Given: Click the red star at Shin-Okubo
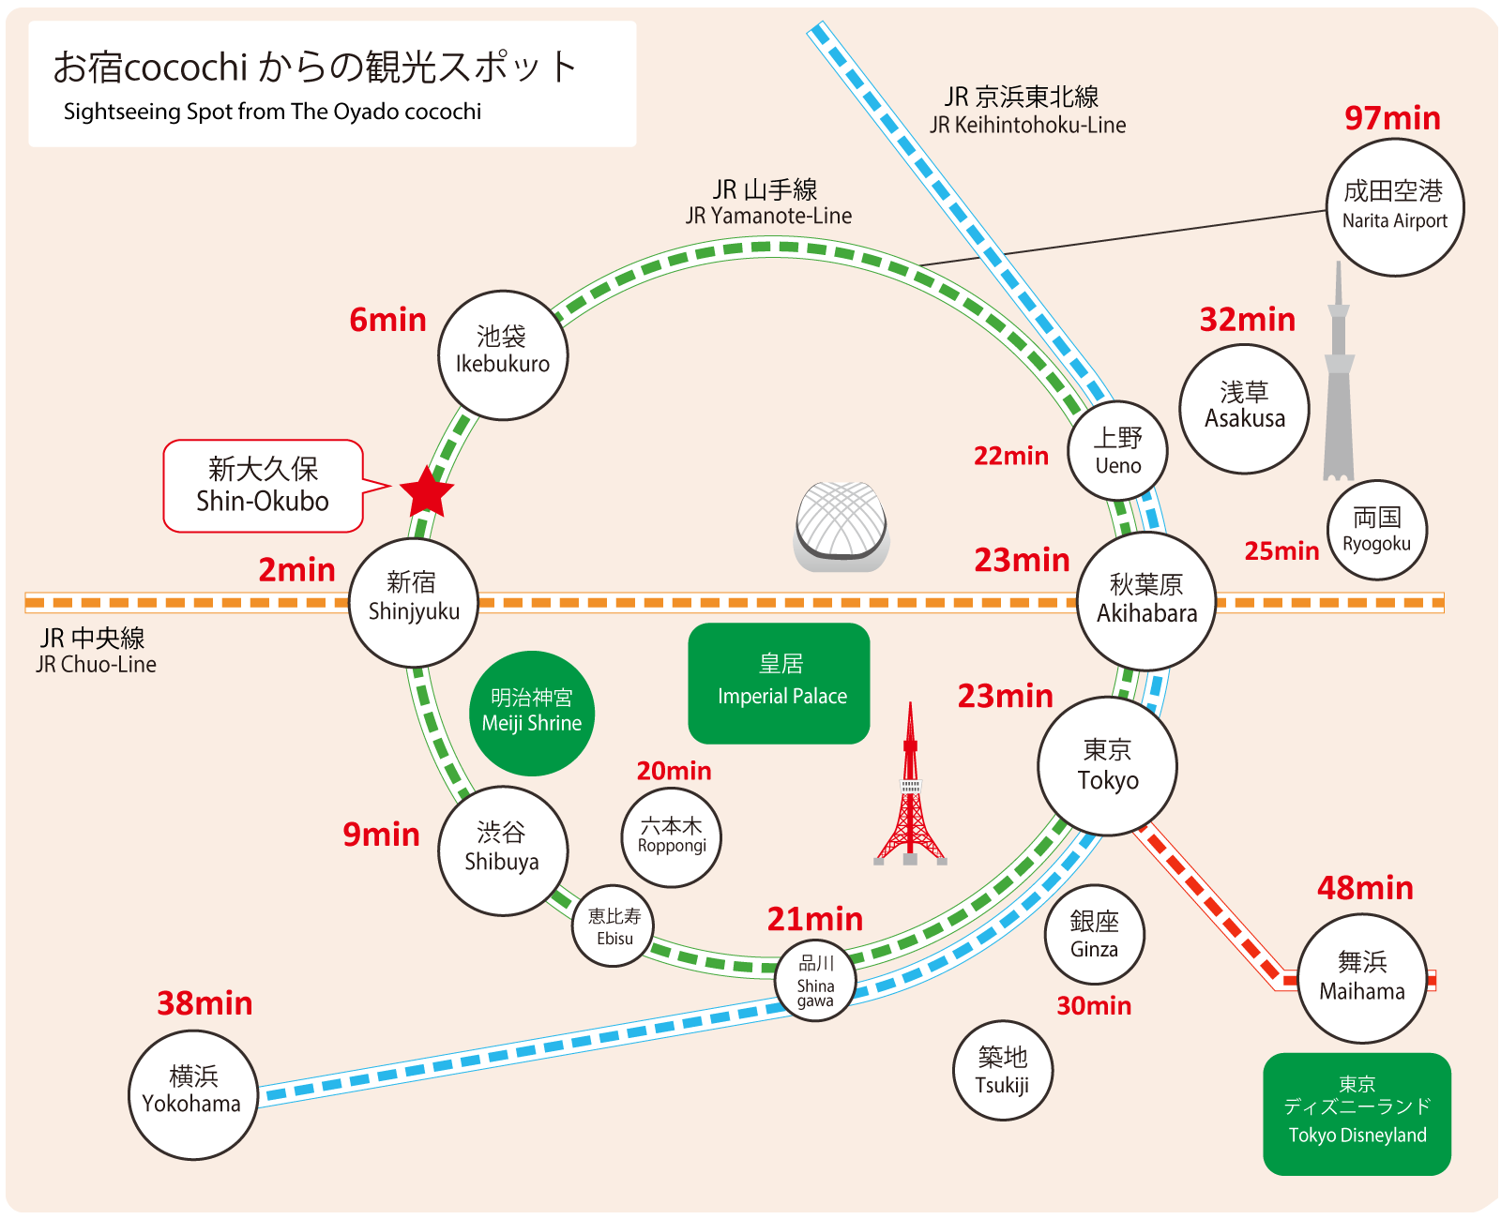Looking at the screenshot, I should pos(427,491).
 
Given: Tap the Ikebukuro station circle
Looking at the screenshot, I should pos(503,355).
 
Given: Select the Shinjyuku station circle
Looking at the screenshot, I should pos(414,602).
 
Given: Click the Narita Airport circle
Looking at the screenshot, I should pos(1395,207).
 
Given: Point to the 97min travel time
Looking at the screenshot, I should pos(1392,118).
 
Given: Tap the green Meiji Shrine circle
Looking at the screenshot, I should pos(532,713).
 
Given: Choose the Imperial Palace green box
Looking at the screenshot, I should pos(780,683).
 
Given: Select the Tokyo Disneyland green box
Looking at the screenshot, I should pos(1357,1113).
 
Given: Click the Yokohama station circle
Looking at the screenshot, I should pos(192,1094).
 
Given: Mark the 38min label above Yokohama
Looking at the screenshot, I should pos(205,1003).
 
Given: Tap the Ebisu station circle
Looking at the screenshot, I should pos(614,926).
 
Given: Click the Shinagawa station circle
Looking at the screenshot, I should pos(815,982).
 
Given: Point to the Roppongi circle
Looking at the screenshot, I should pos(672,836).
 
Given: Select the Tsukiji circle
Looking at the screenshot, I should pos(1002,1070).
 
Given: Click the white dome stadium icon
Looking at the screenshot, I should pos(841,527).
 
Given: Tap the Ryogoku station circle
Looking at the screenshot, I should pos(1376,530).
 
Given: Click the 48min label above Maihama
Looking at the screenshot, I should pos(1365,888).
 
